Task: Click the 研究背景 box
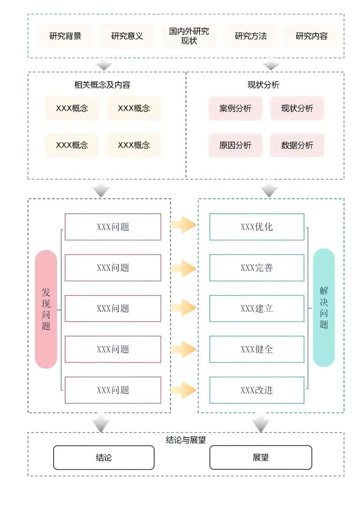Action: (65, 36)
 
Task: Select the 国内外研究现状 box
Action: (189, 36)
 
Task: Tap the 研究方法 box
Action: (251, 36)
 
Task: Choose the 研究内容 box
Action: (311, 36)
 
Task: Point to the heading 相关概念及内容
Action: (102, 85)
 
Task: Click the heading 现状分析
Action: (263, 85)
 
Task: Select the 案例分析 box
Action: (235, 108)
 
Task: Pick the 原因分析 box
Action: (235, 145)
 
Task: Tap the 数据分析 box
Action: (297, 145)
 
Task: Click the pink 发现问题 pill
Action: (46, 309)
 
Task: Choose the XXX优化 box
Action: (256, 227)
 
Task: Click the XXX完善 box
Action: (256, 268)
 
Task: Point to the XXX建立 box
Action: (256, 309)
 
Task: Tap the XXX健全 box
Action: (256, 349)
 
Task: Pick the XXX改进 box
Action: (256, 390)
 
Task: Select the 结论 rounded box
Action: (103, 457)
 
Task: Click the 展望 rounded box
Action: (261, 457)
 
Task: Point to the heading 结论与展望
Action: (186, 440)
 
